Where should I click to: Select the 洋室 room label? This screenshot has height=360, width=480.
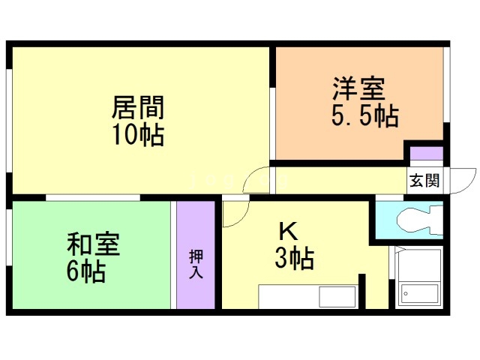[358, 88]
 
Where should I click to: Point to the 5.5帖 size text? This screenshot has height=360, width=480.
[364, 115]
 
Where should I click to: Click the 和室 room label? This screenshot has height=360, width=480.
[93, 244]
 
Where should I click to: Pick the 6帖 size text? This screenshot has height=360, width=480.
[85, 271]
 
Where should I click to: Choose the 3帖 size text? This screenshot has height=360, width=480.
[292, 259]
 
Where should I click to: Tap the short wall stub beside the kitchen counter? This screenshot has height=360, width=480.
[361, 291]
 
